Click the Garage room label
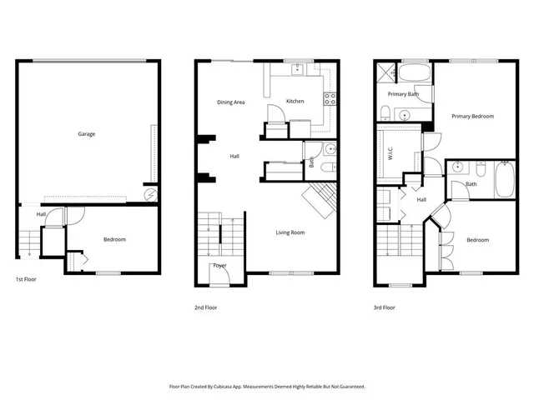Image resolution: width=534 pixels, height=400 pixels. click(x=87, y=133)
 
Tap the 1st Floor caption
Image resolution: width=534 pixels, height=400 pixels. click(x=27, y=280)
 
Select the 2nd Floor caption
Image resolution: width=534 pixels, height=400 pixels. click(x=205, y=307)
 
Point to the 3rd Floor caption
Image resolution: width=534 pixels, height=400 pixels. click(x=385, y=307)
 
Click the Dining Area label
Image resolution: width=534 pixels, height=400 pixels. click(x=231, y=102)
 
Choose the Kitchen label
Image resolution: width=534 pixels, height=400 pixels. click(x=295, y=101)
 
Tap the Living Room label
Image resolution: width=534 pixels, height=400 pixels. click(x=290, y=232)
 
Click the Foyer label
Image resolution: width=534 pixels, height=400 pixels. click(x=220, y=266)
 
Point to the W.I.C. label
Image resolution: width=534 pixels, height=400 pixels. click(x=390, y=153)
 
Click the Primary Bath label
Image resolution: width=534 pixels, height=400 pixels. click(x=403, y=94)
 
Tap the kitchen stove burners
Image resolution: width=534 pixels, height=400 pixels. click(x=330, y=97)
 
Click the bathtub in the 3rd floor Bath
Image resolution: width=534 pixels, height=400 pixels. click(x=505, y=180)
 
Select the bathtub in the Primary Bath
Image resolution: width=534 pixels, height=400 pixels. click(x=414, y=74)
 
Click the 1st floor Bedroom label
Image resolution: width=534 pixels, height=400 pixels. click(x=114, y=239)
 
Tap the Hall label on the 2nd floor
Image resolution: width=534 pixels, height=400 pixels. click(x=235, y=156)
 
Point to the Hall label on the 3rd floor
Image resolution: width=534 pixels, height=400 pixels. click(x=421, y=200)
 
